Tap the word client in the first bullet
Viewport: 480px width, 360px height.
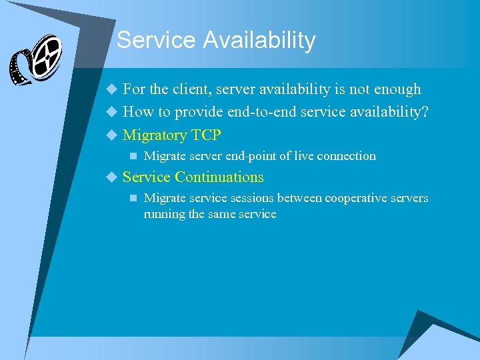coord(193,89)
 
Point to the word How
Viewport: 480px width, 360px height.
coord(139,112)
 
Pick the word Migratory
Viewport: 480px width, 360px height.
coord(155,135)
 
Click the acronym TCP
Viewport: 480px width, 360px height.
coord(206,135)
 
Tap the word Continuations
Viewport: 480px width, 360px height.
coord(219,177)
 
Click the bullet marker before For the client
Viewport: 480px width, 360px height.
coord(111,89)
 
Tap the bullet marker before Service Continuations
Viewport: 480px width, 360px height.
coord(111,177)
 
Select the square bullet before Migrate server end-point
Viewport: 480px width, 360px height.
coord(133,157)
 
